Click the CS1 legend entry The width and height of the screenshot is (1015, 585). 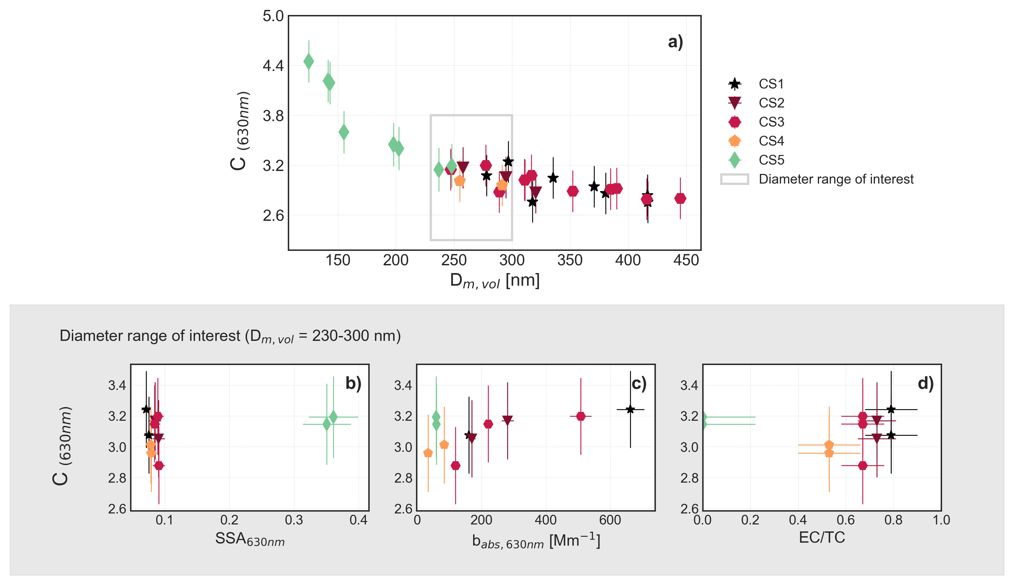click(x=771, y=84)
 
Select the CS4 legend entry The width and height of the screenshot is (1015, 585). click(x=771, y=141)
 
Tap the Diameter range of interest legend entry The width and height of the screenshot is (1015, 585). click(x=836, y=179)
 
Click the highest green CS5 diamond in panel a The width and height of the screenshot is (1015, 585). click(x=308, y=61)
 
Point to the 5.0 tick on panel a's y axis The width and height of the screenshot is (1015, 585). click(x=273, y=16)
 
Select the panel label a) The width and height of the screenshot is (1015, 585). click(x=675, y=42)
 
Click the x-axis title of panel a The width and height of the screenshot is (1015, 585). click(x=495, y=281)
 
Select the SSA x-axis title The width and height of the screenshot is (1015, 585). click(x=250, y=539)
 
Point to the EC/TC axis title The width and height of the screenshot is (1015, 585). click(x=822, y=538)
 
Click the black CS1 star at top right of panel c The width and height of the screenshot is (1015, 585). click(x=630, y=409)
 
